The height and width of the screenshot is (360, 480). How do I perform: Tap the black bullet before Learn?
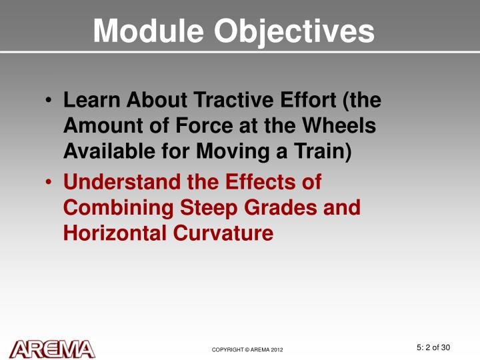(x=49, y=102)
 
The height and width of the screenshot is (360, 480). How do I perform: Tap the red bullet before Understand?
(x=49, y=182)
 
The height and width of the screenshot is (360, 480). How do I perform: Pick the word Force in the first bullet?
(x=233, y=126)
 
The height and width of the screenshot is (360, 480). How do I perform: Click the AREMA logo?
(x=53, y=349)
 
